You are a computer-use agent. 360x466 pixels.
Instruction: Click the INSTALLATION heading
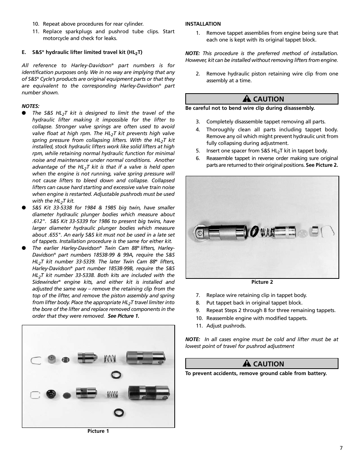pos(203,24)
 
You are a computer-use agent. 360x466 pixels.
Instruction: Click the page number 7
pos(341,448)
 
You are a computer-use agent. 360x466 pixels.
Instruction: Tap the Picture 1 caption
pos(98,431)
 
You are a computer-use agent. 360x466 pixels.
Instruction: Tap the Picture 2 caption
pos(262,282)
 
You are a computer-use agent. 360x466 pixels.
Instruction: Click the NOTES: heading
pos(31,106)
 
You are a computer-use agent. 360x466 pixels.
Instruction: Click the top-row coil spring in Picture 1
pos(110,358)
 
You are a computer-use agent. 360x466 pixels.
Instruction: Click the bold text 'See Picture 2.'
pos(322,165)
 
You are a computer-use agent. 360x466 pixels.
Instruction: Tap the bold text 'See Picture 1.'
pos(123,316)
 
